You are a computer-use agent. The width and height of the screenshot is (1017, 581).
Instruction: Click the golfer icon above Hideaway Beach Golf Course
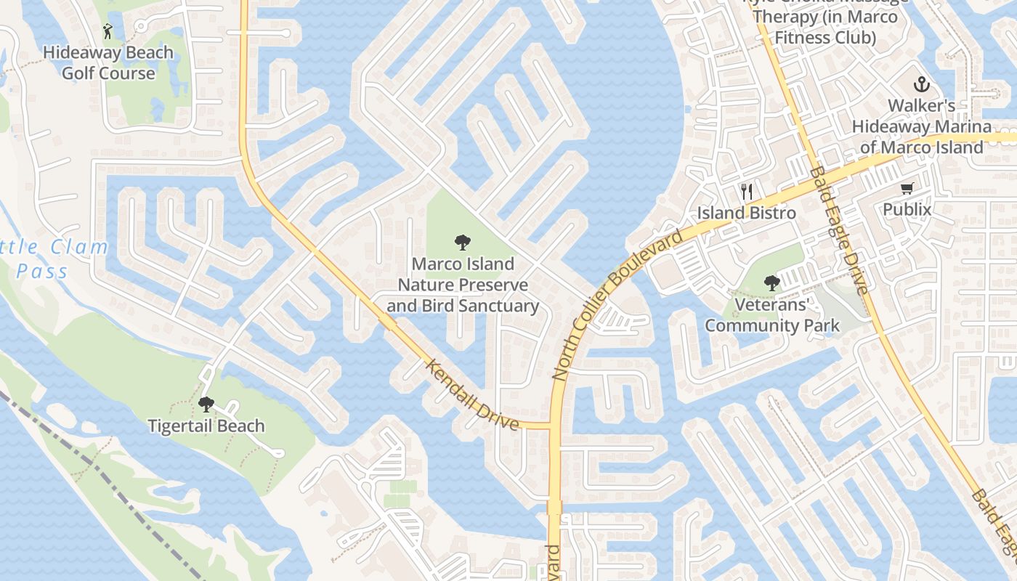tap(108, 31)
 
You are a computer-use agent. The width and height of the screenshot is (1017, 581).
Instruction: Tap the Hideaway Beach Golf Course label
tap(108, 62)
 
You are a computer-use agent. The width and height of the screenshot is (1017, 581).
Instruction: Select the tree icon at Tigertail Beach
tap(206, 405)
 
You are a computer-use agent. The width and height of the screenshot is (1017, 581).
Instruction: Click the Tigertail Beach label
tap(206, 426)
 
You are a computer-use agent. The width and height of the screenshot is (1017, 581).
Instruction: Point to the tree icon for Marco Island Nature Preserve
tap(462, 243)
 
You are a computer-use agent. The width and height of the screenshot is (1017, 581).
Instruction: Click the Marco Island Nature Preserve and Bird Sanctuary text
tap(463, 285)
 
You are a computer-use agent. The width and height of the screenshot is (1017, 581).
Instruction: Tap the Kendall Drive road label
tap(472, 394)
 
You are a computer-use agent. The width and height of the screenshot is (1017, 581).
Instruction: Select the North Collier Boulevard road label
tap(617, 305)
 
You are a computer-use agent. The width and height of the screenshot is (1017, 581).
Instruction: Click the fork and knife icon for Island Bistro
tap(747, 192)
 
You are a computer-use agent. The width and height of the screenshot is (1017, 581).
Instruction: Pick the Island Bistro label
tap(747, 213)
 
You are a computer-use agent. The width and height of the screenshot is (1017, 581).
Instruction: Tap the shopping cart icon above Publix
tap(907, 189)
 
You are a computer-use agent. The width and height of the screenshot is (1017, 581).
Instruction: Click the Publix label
tap(907, 209)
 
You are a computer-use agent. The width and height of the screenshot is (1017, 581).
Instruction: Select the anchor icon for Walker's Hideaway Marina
tap(921, 84)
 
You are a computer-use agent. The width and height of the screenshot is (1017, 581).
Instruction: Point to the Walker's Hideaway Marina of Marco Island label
tap(921, 126)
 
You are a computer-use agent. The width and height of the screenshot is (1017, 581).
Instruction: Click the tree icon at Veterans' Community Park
tap(771, 283)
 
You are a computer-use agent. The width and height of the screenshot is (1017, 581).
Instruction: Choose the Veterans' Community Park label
tap(771, 314)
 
